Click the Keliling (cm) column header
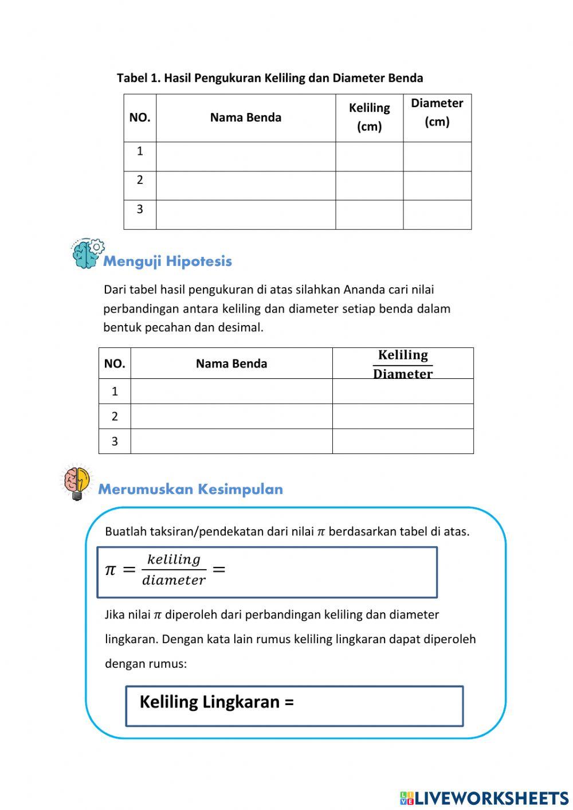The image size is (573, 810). coord(369,117)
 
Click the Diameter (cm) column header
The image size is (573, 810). coord(437,112)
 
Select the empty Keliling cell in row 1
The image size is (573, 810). coord(369,156)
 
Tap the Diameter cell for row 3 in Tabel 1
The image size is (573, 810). coord(437,214)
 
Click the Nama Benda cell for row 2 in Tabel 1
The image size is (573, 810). coord(245,185)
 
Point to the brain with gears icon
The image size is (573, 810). coord(88,254)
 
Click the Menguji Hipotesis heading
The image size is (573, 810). coord(167,261)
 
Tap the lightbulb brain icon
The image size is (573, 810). coord(77,482)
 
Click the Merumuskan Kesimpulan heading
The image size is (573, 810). coord(190,489)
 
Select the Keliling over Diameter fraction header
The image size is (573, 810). coord(403,364)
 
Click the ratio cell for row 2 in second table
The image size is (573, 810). coord(403,416)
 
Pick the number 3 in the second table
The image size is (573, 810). coord(115,441)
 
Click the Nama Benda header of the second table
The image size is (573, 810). coord(231,363)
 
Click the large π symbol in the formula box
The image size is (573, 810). coord(111,570)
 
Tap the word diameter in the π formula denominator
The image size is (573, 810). coord(174,580)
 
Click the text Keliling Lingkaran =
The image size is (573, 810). coord(217,702)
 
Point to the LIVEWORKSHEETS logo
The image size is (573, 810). coord(484,797)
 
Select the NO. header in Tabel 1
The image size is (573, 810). coord(140,118)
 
